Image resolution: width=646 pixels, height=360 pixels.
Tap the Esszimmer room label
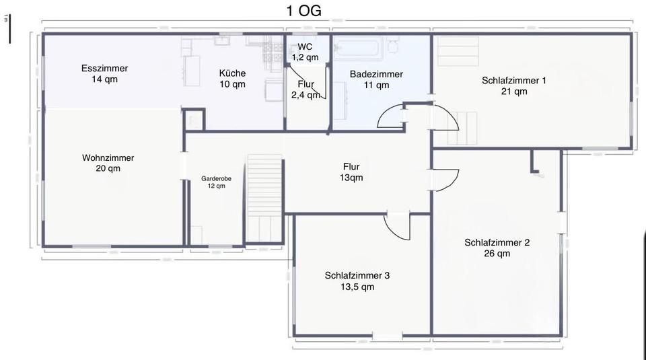pos(104,68)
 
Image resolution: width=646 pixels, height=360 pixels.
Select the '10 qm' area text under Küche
pos(232,84)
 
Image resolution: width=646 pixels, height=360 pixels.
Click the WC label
pos(305,46)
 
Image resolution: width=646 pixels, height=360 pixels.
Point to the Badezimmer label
pos(376,74)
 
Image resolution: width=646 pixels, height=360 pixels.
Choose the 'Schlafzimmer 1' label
pos(513,80)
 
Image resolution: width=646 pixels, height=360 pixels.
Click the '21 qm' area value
pos(513,92)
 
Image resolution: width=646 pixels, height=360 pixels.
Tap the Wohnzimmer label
pos(108,157)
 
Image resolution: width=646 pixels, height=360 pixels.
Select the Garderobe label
pos(216,178)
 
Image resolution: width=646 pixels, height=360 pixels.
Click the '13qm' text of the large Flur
pos(351,178)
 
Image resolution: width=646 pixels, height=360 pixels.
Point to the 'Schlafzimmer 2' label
pos(497,242)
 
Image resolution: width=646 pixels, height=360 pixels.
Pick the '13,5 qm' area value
pos(357,287)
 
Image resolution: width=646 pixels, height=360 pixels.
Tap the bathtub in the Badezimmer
pos(358,48)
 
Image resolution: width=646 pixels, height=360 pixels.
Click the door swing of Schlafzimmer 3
pos(397,227)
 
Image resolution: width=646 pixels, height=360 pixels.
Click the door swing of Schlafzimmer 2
pos(446,178)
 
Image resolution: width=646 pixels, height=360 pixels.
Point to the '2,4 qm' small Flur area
pos(305,95)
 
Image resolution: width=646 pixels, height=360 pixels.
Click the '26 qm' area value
pos(497,254)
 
